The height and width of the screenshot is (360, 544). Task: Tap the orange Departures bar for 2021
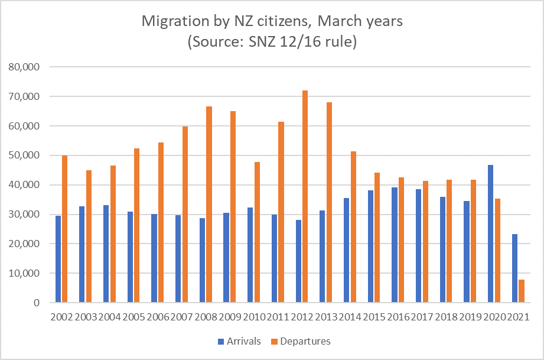(522, 291)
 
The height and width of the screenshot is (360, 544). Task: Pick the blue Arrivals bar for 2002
(58, 259)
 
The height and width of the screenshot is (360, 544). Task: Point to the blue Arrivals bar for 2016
(394, 245)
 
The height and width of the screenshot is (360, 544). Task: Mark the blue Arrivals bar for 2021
(514, 268)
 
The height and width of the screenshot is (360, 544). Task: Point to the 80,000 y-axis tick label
(24, 67)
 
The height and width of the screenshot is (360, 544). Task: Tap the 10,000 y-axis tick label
(24, 273)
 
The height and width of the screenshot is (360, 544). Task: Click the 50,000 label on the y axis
(24, 155)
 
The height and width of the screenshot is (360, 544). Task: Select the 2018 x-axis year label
(446, 316)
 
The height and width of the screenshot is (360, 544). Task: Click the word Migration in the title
(171, 22)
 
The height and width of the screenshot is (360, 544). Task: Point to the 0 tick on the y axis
(36, 303)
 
